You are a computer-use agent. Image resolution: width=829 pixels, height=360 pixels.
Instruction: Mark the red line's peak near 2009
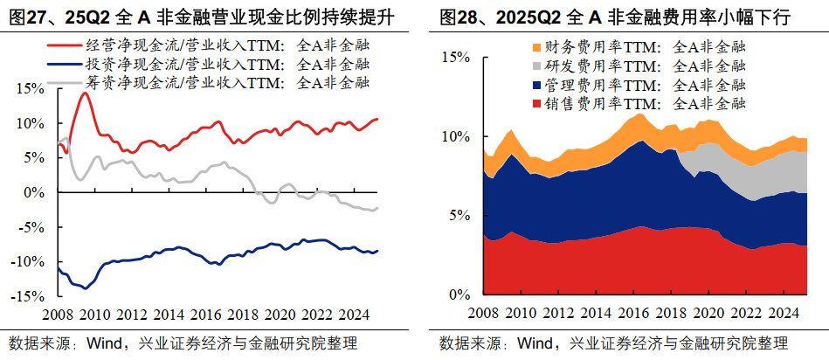[x=84, y=93]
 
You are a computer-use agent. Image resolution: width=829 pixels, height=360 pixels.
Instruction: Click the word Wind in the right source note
[x=535, y=343]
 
